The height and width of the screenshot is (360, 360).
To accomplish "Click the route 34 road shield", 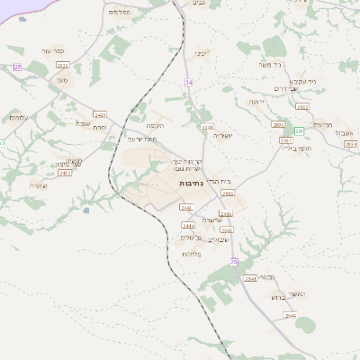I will [189, 82].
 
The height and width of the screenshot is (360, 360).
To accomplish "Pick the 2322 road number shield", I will [62, 66].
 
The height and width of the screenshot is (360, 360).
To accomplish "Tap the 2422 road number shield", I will [99, 115].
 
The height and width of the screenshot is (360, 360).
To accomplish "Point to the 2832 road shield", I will [301, 106].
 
